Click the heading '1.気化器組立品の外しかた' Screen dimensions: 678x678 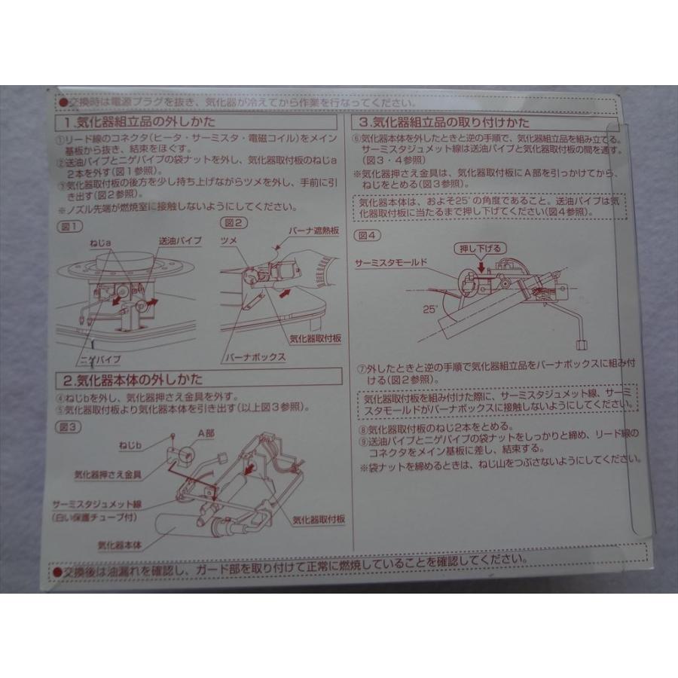tap(136, 121)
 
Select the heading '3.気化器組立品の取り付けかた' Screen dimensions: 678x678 tap(444, 122)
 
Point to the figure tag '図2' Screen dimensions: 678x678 tap(228, 222)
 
